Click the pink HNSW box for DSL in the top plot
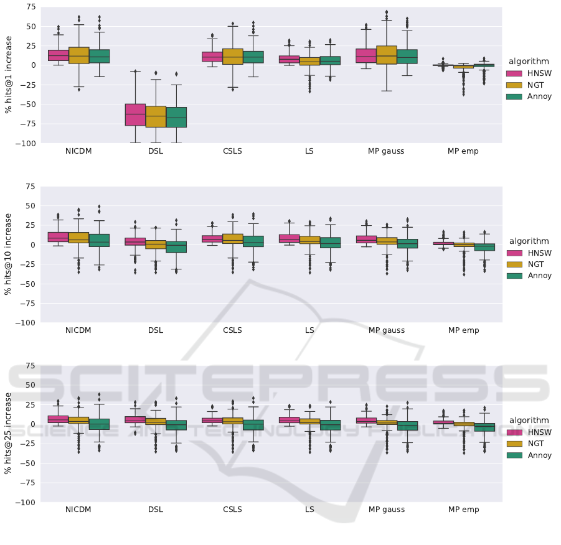[x=135, y=114]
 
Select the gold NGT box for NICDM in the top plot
[x=78, y=55]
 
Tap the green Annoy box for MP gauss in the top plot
[x=407, y=57]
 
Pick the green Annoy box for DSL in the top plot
[x=176, y=117]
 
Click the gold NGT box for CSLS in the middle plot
[x=232, y=238]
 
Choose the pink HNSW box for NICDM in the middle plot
[x=58, y=236]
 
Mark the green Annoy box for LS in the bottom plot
[x=330, y=425]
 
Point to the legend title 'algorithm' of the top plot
[x=529, y=62]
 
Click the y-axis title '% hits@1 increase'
[x=9, y=75]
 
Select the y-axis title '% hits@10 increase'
[x=9, y=254]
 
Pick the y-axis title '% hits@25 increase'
[x=9, y=434]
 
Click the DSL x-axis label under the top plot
[x=156, y=151]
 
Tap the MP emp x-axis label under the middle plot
[x=463, y=330]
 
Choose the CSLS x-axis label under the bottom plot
[x=232, y=510]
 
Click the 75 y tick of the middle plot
[x=31, y=187]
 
